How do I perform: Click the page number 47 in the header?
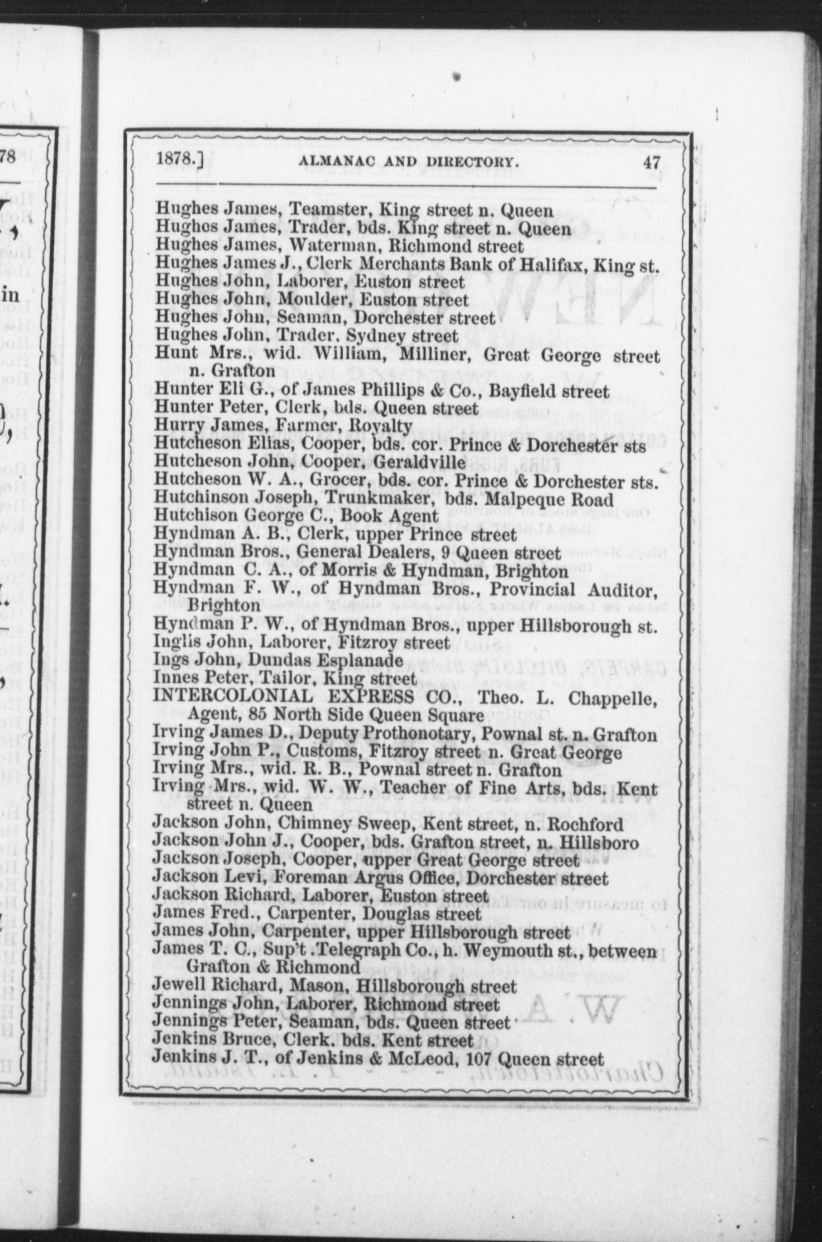(652, 163)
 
